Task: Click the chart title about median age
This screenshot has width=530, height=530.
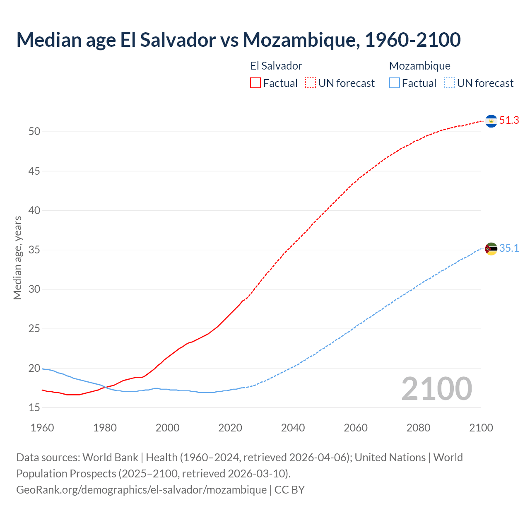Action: [238, 40]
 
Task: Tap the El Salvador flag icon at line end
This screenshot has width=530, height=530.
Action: [491, 121]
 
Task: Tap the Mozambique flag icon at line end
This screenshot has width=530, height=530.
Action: [491, 249]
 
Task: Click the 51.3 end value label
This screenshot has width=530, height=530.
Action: [509, 120]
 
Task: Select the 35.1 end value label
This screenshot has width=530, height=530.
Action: [509, 248]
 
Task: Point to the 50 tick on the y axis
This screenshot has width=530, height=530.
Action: [34, 132]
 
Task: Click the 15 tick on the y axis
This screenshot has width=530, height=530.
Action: [34, 408]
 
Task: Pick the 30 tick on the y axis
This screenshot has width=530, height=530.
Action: [34, 289]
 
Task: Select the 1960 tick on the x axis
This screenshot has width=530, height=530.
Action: [42, 428]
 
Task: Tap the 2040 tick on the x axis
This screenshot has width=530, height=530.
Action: [293, 428]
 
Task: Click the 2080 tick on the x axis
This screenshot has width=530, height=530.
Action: [418, 428]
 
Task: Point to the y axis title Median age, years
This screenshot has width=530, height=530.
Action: [17, 258]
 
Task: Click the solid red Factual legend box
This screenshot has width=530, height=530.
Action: [255, 83]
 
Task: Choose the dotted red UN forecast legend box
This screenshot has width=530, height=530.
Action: [311, 83]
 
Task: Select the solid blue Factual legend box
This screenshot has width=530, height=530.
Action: [395, 83]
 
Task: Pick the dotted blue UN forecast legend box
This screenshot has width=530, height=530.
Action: [450, 83]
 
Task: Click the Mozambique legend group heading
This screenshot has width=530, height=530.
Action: [419, 66]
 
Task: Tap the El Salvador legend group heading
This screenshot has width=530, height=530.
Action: [276, 66]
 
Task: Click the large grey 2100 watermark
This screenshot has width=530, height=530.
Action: [436, 389]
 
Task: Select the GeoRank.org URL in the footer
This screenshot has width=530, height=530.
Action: [142, 490]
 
